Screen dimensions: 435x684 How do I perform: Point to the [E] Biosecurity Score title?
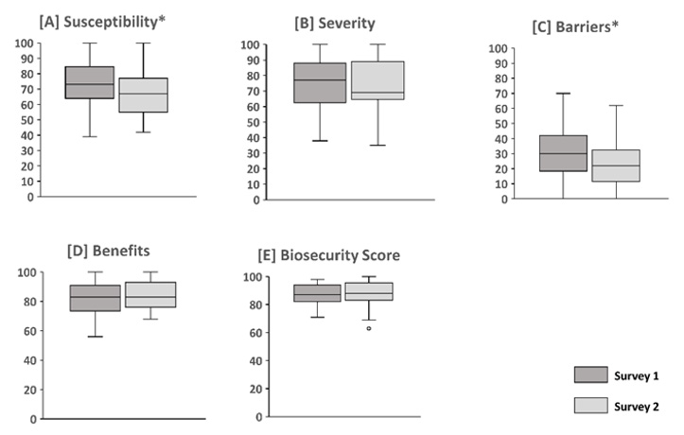point(330,256)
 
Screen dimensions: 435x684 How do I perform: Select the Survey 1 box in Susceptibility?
point(90,82)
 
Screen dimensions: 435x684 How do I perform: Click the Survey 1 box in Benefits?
point(95,298)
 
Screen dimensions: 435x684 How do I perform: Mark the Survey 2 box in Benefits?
point(150,294)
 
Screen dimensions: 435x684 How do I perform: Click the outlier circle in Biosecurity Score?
point(369,328)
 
